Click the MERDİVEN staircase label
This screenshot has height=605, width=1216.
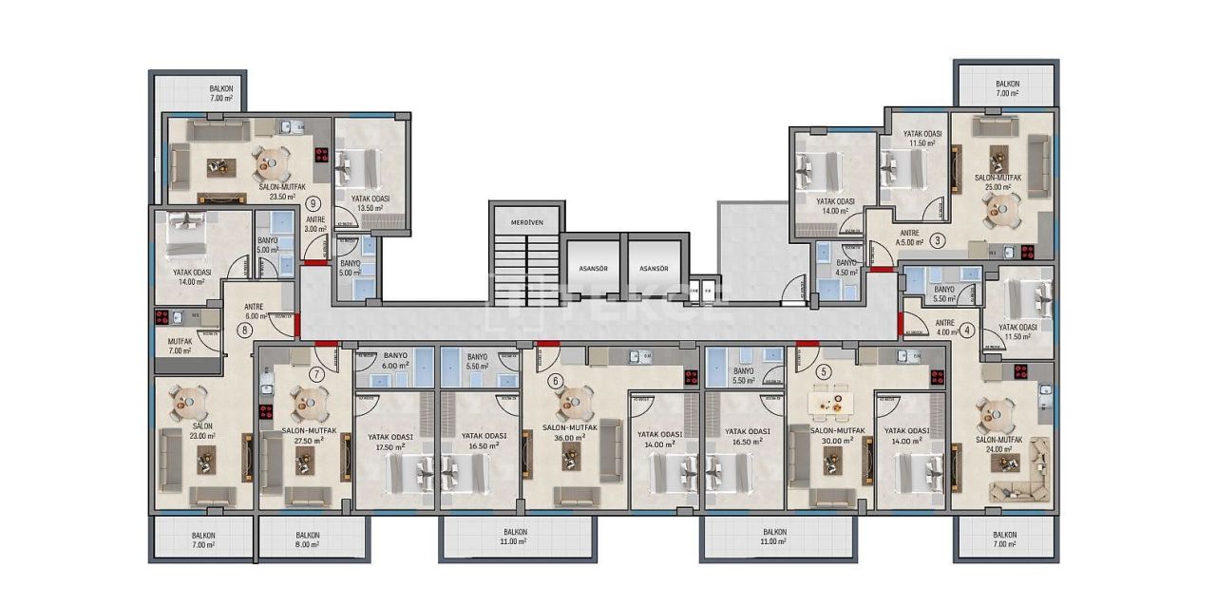[x=526, y=222]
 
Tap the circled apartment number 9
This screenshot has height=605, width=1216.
[x=313, y=202]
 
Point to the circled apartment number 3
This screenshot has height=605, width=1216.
[x=937, y=240]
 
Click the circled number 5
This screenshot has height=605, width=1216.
[x=824, y=371]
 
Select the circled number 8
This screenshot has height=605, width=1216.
[x=245, y=331]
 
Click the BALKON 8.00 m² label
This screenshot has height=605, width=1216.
[x=308, y=540]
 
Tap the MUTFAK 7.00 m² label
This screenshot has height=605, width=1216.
[x=180, y=345]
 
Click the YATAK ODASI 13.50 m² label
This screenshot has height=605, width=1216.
[x=372, y=203]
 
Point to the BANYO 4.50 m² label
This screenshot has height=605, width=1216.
[x=846, y=267]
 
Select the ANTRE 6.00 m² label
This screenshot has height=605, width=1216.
[x=254, y=312]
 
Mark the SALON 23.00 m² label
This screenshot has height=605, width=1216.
[x=201, y=431]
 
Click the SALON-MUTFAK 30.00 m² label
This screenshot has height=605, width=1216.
[x=838, y=435]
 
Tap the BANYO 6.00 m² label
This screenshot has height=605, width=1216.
[x=395, y=361]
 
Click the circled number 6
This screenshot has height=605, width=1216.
[x=557, y=382]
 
